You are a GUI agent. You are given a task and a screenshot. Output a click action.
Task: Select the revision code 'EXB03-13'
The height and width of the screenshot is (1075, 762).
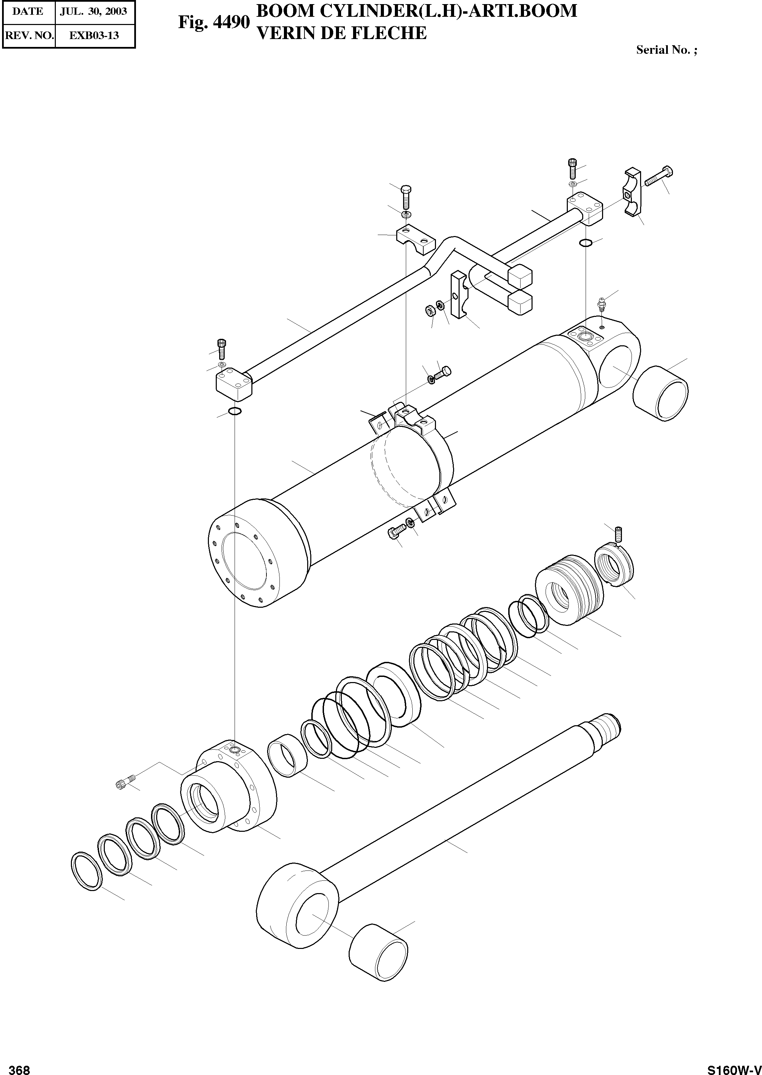click(94, 36)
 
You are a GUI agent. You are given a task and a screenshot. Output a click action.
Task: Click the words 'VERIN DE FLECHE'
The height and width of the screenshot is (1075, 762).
click(342, 33)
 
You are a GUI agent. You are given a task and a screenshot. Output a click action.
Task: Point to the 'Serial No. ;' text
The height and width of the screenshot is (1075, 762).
click(666, 50)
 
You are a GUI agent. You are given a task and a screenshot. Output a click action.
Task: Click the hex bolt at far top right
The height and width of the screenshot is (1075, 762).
click(659, 176)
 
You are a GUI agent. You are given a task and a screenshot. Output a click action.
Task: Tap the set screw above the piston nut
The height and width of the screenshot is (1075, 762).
click(619, 533)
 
